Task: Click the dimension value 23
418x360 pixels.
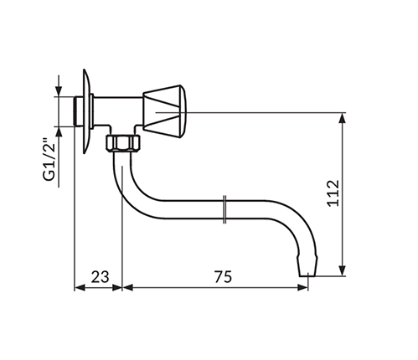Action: click(x=101, y=277)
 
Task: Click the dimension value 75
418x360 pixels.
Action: click(x=223, y=277)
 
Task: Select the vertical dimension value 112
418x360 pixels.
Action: click(x=333, y=193)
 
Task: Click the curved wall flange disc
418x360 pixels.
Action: click(x=87, y=111)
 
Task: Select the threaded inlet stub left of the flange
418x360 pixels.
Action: click(x=79, y=111)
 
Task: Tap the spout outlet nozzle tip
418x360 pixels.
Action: click(x=307, y=265)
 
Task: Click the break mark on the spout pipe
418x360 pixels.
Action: click(x=224, y=209)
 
